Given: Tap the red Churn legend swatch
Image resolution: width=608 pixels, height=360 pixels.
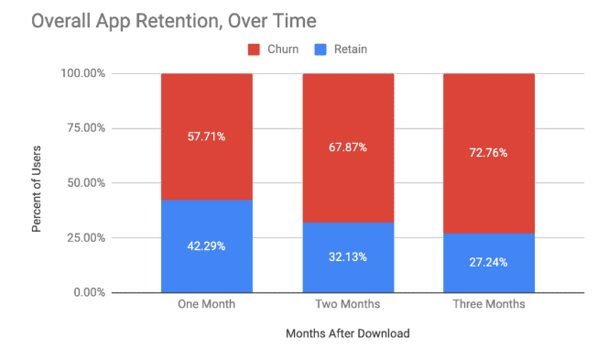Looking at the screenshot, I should click(254, 48).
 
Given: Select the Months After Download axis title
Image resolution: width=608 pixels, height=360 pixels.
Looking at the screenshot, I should click(347, 333).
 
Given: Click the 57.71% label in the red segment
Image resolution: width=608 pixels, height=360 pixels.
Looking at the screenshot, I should click(206, 137).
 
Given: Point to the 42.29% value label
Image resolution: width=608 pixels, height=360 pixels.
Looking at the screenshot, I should click(206, 246).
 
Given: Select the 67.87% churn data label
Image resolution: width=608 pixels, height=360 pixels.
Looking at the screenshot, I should click(348, 148).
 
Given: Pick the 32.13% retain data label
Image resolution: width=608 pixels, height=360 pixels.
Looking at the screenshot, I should click(348, 257).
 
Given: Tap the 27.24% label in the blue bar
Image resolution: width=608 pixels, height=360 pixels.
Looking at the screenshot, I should click(489, 263).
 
